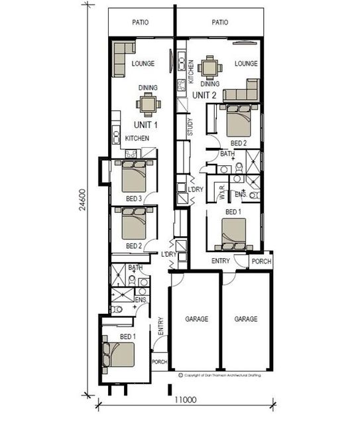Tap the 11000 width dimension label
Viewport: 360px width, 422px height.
pos(186,399)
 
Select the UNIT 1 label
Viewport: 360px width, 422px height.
pos(145,124)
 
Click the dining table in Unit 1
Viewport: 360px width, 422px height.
pos(148,104)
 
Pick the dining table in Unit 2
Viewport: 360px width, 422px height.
pos(210,66)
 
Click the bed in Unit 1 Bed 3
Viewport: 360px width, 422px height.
pos(134,176)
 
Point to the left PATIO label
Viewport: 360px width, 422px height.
pos(140,22)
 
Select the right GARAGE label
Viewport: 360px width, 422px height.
pos(246,319)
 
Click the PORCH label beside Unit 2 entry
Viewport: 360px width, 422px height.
pos(261,261)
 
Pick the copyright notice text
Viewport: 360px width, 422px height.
pos(221,376)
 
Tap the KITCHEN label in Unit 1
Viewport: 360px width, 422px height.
pos(137,138)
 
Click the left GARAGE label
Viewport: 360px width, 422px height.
pos(195,319)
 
